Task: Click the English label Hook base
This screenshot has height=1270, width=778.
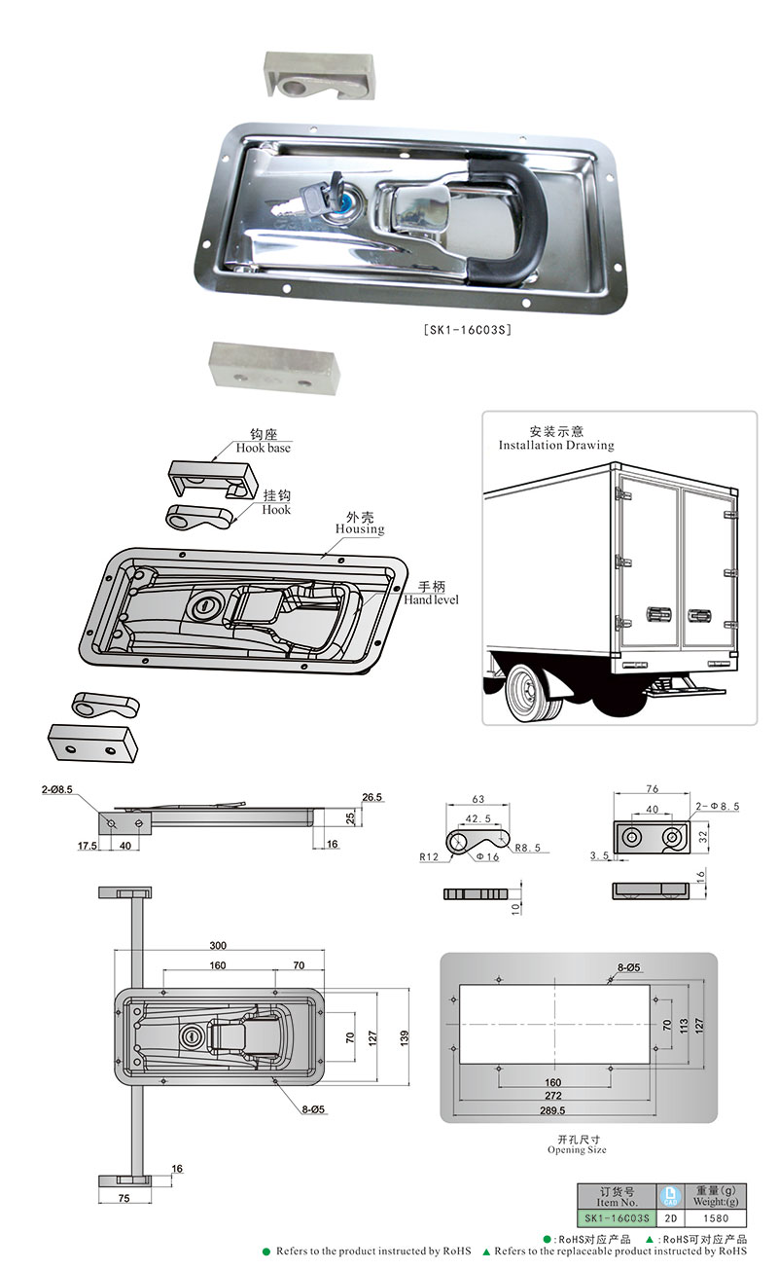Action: (264, 448)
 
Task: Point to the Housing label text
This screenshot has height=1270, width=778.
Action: (360, 528)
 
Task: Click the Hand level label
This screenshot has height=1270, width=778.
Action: (431, 599)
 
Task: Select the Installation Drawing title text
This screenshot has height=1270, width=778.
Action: (556, 445)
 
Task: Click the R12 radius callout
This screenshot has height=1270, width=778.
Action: (429, 857)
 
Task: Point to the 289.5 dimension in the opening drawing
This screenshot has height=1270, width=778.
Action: (552, 1109)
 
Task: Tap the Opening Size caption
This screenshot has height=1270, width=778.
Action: (577, 1149)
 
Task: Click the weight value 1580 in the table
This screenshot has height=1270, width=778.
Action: (715, 1217)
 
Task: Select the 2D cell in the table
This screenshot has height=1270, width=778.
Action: (670, 1217)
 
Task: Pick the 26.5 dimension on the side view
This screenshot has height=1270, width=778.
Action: (372, 797)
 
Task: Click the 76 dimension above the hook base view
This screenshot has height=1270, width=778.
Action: (652, 789)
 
